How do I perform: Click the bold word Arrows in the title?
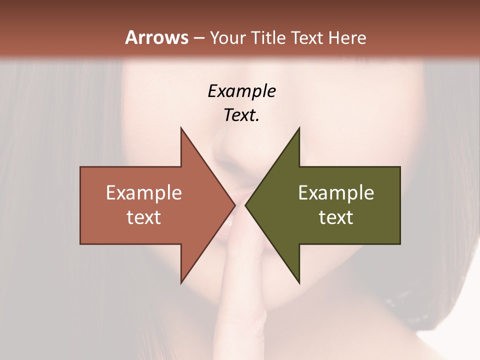(156, 37)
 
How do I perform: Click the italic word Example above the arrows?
(241, 91)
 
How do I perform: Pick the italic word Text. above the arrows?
(241, 115)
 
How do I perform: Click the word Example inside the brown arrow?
(144, 193)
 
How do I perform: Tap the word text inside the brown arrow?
(144, 217)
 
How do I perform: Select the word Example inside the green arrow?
(336, 193)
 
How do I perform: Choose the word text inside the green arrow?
(336, 217)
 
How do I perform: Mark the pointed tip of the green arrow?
(247, 205)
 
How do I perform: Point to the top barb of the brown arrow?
(182, 132)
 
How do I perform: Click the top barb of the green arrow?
(297, 132)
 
